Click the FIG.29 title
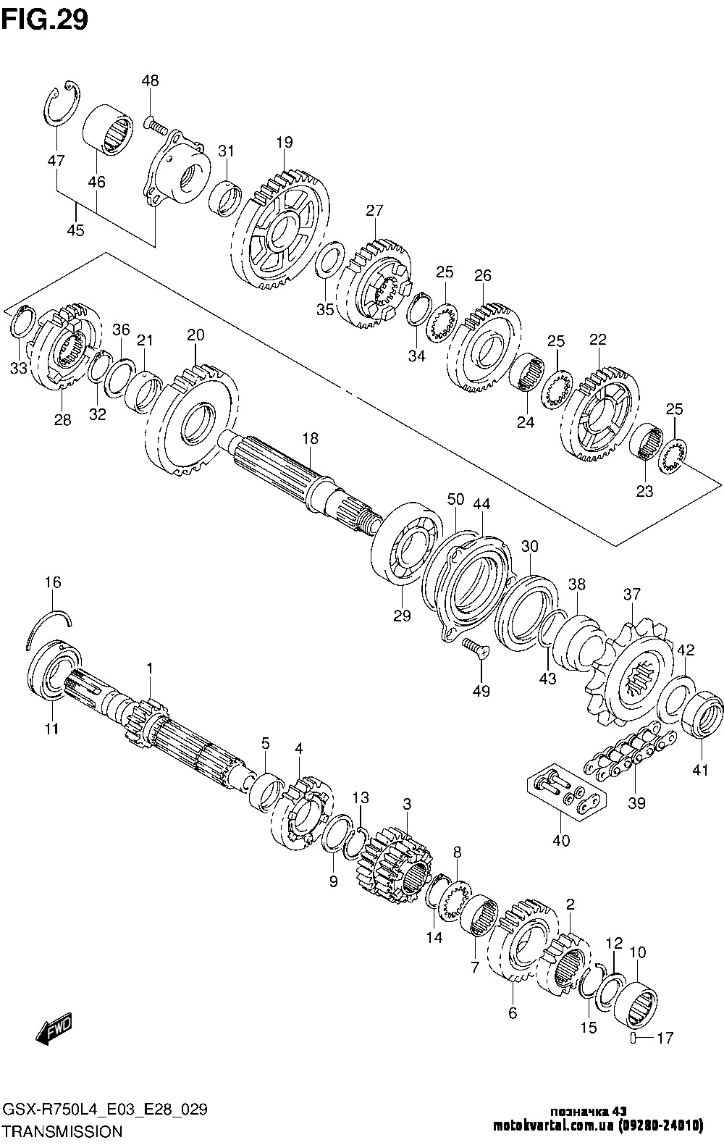[45, 20]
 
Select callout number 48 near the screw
[150, 80]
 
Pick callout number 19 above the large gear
[285, 142]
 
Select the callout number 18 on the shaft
[310, 438]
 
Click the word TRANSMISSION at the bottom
[63, 1131]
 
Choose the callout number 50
[455, 499]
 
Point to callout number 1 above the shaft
[150, 668]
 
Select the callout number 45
[75, 230]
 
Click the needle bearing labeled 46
[108, 130]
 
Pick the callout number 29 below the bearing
[402, 616]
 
